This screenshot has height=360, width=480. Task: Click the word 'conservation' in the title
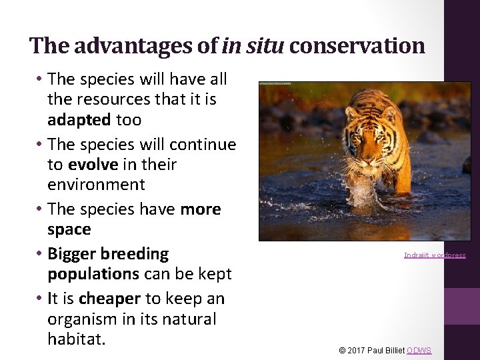357,45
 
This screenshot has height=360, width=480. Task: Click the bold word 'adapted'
79,120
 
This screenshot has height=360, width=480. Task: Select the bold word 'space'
69,229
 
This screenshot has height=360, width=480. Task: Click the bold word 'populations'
93,274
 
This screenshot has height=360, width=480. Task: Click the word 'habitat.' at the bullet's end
76,339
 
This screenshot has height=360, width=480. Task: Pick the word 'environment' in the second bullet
96,184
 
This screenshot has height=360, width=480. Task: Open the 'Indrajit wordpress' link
435,255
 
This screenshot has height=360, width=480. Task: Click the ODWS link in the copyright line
419,351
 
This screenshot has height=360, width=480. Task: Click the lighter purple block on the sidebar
462,306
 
